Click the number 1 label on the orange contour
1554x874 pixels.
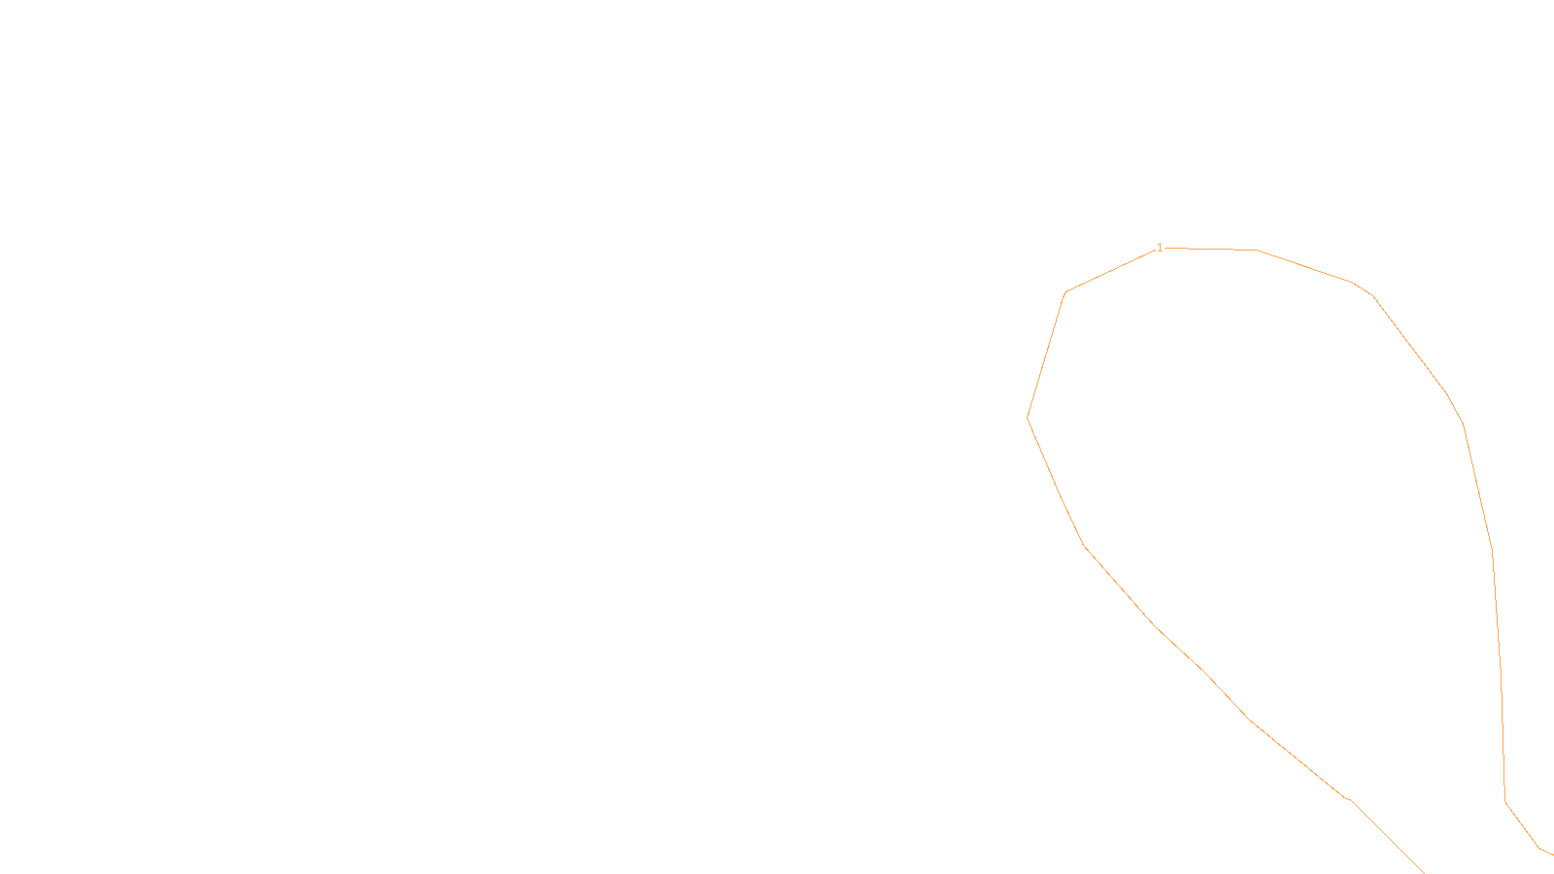pyautogui.click(x=1160, y=248)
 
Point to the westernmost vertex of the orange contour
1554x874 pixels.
pyautogui.click(x=1028, y=419)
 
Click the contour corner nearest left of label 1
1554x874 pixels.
pyautogui.click(x=1066, y=291)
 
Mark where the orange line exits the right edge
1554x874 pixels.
pyautogui.click(x=1552, y=854)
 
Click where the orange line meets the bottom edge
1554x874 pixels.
pyautogui.click(x=1424, y=872)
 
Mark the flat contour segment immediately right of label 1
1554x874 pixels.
pyautogui.click(x=1210, y=250)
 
